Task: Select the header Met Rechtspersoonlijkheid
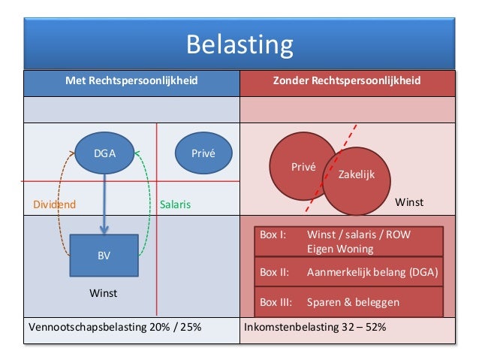(131, 80)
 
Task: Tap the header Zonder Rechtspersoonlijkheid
(346, 80)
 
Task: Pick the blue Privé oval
(203, 153)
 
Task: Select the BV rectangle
(104, 256)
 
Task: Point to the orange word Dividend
(53, 204)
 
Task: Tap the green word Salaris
(176, 204)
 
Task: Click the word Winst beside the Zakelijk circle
(409, 203)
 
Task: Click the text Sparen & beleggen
(353, 303)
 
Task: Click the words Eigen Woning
(339, 248)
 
